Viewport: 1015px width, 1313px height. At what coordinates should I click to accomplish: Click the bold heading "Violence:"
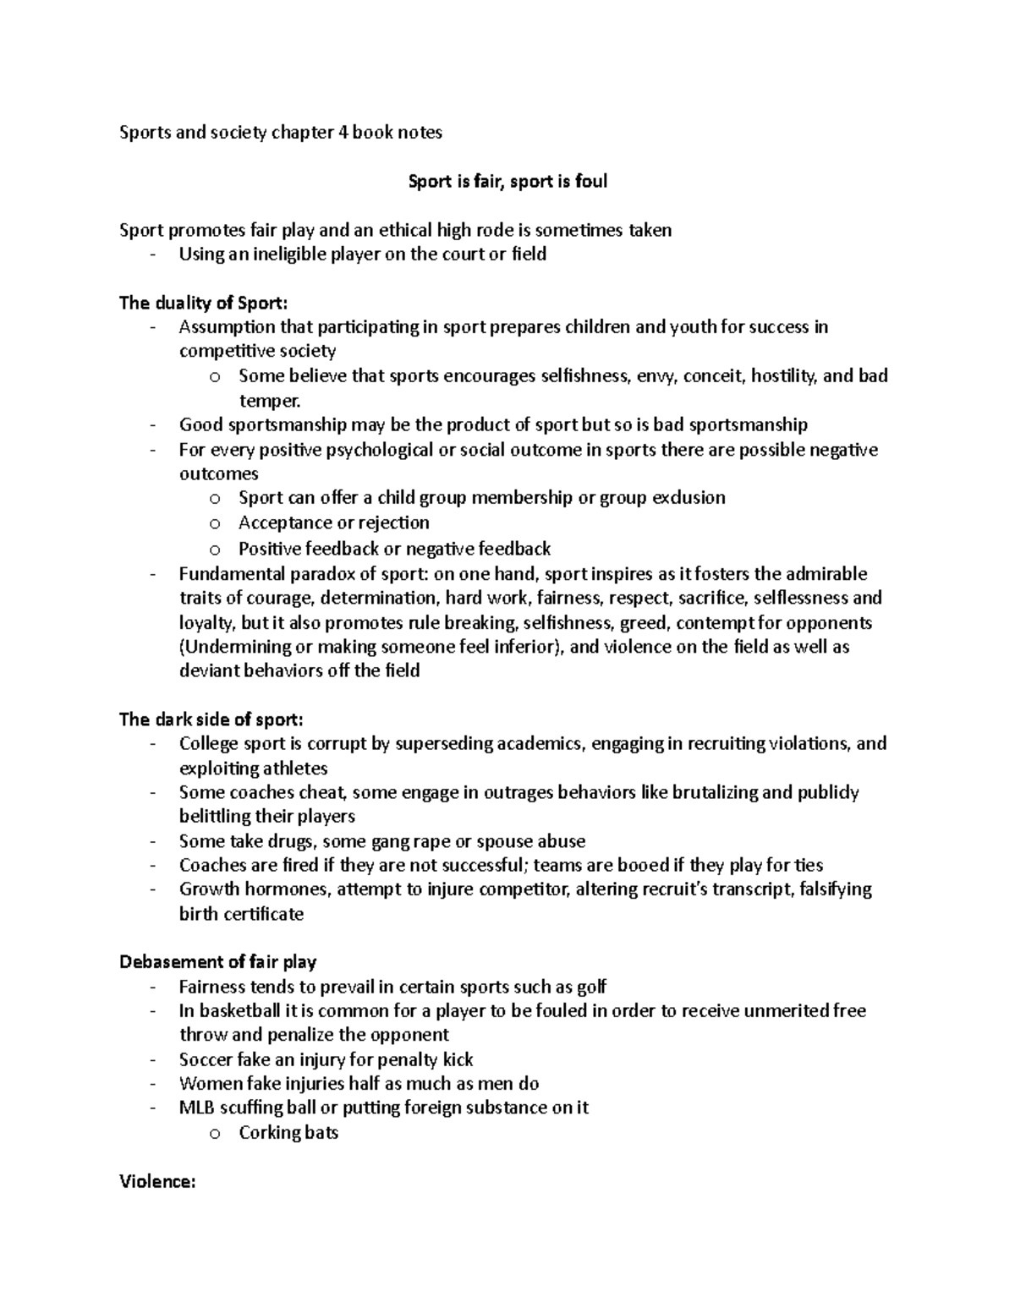(157, 1182)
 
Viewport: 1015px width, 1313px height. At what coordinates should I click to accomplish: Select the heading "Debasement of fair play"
(218, 961)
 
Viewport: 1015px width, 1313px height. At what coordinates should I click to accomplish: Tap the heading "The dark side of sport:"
(211, 719)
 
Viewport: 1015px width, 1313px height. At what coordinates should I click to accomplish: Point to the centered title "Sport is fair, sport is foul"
(507, 181)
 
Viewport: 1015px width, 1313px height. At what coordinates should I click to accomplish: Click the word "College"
(209, 744)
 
